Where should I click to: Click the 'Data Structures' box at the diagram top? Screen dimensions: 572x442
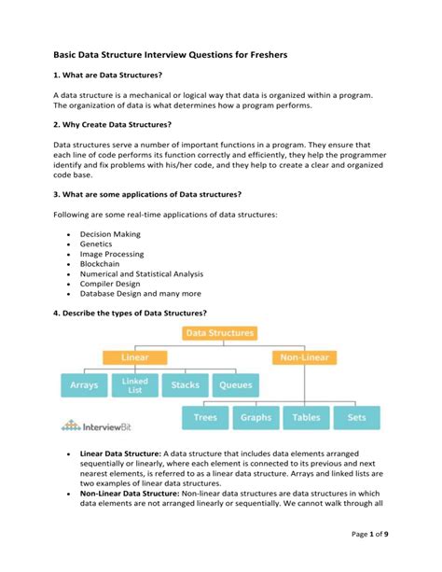(219, 332)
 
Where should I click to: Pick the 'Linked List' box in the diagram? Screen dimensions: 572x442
(134, 384)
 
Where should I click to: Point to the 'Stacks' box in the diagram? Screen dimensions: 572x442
(186, 384)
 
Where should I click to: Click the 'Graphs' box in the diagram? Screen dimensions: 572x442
(256, 418)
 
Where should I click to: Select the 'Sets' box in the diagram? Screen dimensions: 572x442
(356, 418)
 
